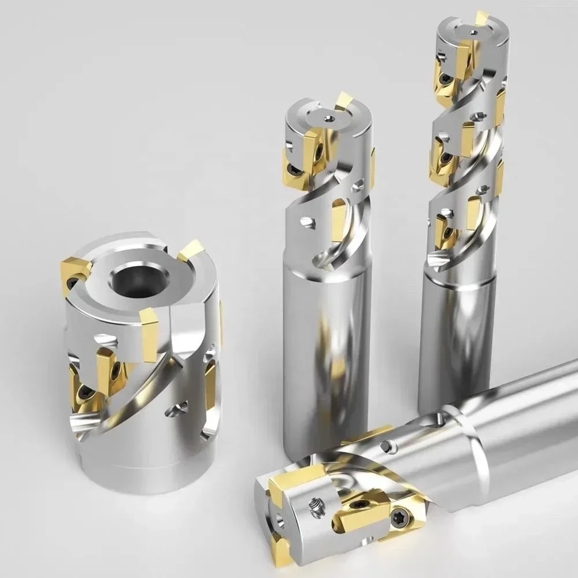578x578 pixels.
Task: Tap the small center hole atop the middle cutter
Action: (328, 118)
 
